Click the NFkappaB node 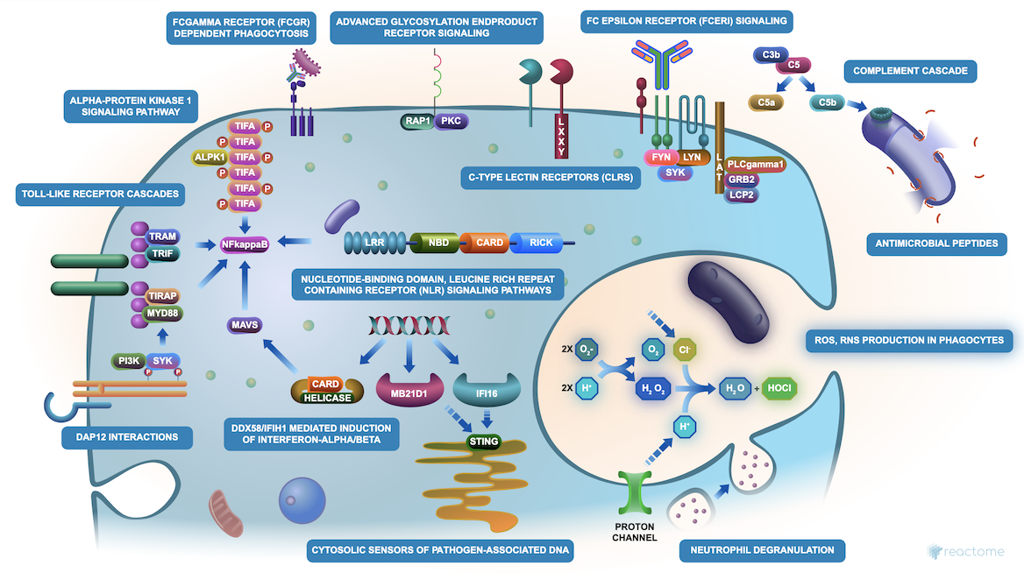[x=245, y=247]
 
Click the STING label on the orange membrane [x=483, y=441]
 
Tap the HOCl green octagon [x=779, y=386]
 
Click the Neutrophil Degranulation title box [x=762, y=550]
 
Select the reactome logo [x=968, y=551]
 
